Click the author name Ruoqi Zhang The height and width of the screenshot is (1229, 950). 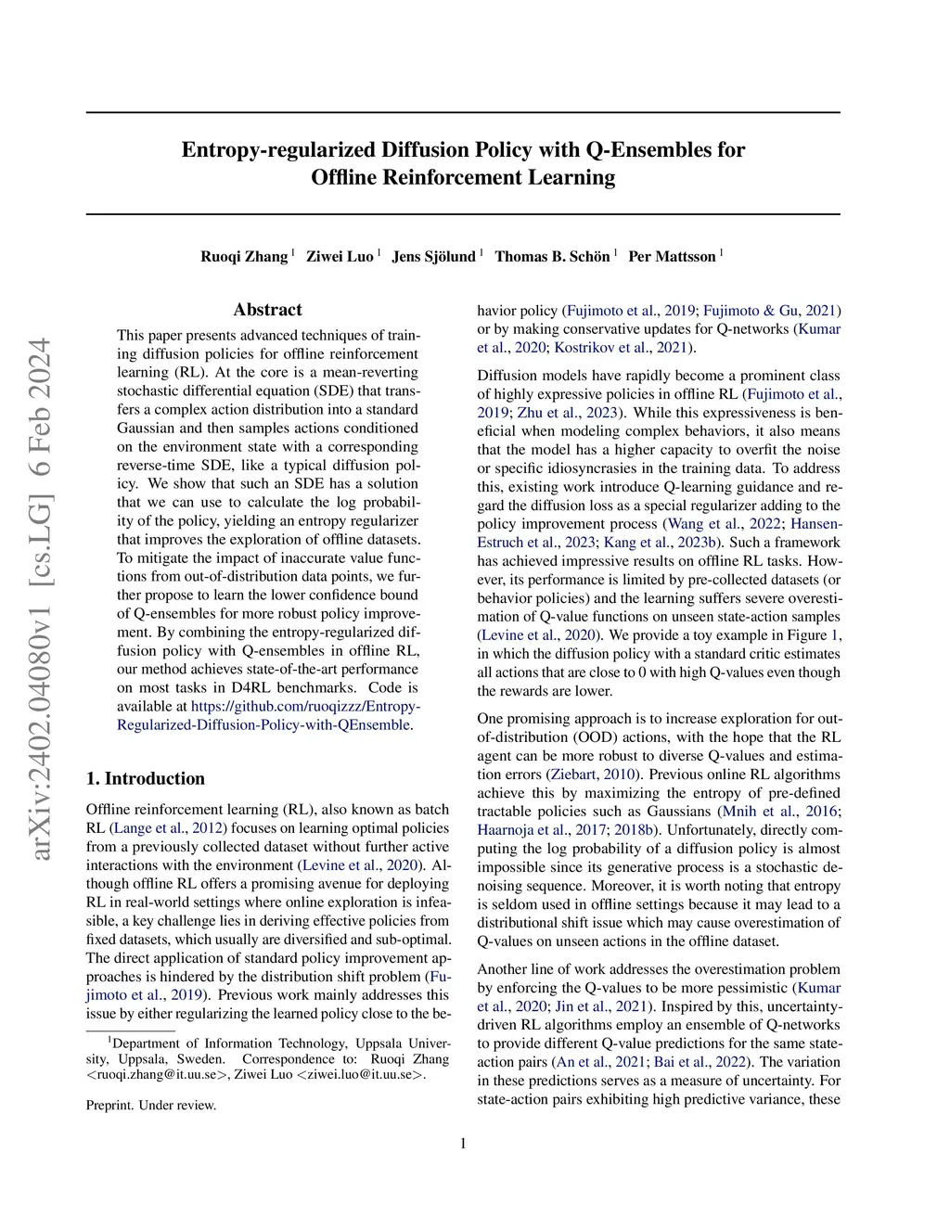coord(244,256)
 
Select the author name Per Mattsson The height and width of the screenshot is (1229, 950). coord(672,256)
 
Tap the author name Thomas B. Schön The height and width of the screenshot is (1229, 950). coord(552,256)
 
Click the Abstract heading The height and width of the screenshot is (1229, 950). coord(267,310)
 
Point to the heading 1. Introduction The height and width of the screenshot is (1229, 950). coord(146,778)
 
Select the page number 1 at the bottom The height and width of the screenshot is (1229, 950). coord(463,1144)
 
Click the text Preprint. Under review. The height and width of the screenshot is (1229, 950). coord(151,1105)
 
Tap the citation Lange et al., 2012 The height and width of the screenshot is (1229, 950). coord(168,828)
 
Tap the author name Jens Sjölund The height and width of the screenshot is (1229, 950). coord(433,256)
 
